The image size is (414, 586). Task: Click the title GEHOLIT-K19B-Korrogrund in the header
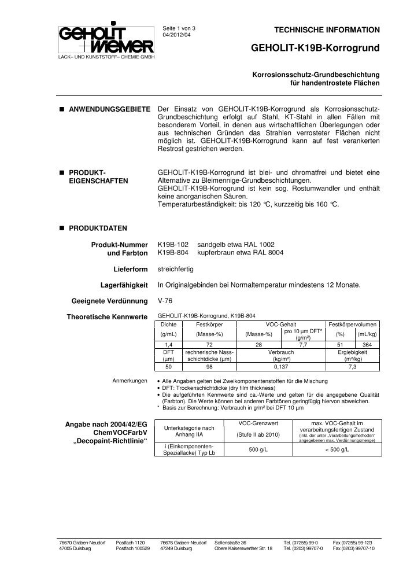tap(316, 50)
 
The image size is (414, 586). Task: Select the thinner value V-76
tap(165, 301)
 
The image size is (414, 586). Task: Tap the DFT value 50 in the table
tap(168, 366)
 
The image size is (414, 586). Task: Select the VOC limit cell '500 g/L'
tap(257, 449)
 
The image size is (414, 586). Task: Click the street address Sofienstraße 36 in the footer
tap(231, 542)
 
